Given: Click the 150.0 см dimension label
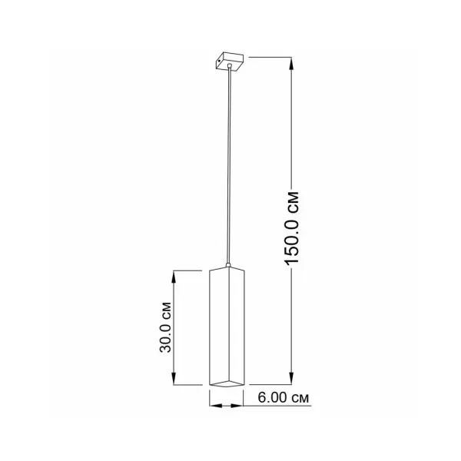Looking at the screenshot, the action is (x=292, y=228).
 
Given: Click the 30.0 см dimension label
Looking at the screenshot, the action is (x=165, y=327).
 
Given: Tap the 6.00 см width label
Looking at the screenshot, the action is (x=284, y=397).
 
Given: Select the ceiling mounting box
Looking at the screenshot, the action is (x=230, y=61).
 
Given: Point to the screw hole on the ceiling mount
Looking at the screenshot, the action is (x=220, y=60).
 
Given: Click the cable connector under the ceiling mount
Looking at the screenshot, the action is (x=230, y=66).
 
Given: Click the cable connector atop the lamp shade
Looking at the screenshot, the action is (x=228, y=265).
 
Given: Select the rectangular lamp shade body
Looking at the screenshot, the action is (x=227, y=327).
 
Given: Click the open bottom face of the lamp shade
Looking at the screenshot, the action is (x=227, y=383).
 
